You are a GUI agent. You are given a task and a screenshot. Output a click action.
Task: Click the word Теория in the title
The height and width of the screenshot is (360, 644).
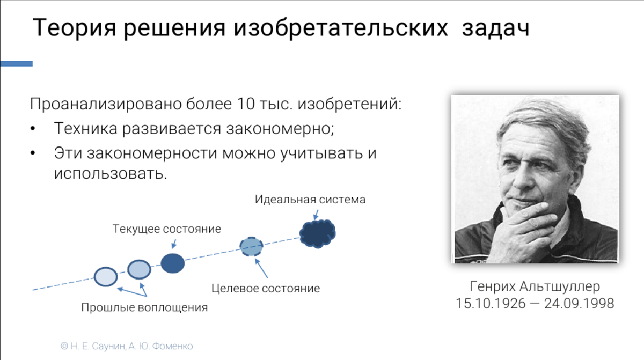pos(75,28)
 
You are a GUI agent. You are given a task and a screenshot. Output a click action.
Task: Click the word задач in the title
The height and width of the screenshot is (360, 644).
pos(496,28)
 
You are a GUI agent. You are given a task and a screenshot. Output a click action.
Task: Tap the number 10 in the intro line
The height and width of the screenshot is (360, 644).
pos(246,104)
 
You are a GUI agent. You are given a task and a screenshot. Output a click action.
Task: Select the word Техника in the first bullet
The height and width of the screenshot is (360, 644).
pos(86,128)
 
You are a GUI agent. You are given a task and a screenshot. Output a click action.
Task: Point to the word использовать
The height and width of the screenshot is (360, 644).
pos(111,173)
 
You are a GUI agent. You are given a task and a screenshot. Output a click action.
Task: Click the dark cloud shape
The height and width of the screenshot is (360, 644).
pos(317,233)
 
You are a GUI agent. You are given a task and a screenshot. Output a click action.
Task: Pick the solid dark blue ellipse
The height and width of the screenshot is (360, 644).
pos(172,263)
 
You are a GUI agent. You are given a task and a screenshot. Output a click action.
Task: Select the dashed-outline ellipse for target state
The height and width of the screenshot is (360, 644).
pos(251,246)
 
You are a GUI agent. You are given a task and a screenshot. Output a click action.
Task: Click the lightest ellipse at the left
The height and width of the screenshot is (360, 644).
pos(106,277)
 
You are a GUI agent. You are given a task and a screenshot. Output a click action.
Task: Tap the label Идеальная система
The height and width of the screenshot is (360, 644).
pos(310,200)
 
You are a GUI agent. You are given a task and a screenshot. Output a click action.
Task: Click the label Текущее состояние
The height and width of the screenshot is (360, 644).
pos(167,229)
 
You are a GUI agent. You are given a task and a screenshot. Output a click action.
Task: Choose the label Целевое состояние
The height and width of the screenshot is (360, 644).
pos(265,289)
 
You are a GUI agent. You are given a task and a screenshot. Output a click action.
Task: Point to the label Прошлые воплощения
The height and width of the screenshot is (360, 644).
pos(144,307)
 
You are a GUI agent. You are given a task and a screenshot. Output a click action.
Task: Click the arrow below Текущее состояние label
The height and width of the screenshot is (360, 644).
pos(174,244)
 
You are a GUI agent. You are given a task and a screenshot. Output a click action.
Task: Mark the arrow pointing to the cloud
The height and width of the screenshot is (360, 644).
pos(316,215)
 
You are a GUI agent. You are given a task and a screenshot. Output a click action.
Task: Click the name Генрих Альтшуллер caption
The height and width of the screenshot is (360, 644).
pos(535,286)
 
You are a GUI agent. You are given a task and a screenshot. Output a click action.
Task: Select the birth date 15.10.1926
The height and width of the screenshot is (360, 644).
pos(491,304)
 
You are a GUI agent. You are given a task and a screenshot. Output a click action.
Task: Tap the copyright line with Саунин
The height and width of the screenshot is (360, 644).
pos(127,346)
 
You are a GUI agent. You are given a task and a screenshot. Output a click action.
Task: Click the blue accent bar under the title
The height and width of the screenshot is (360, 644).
pos(17,63)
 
